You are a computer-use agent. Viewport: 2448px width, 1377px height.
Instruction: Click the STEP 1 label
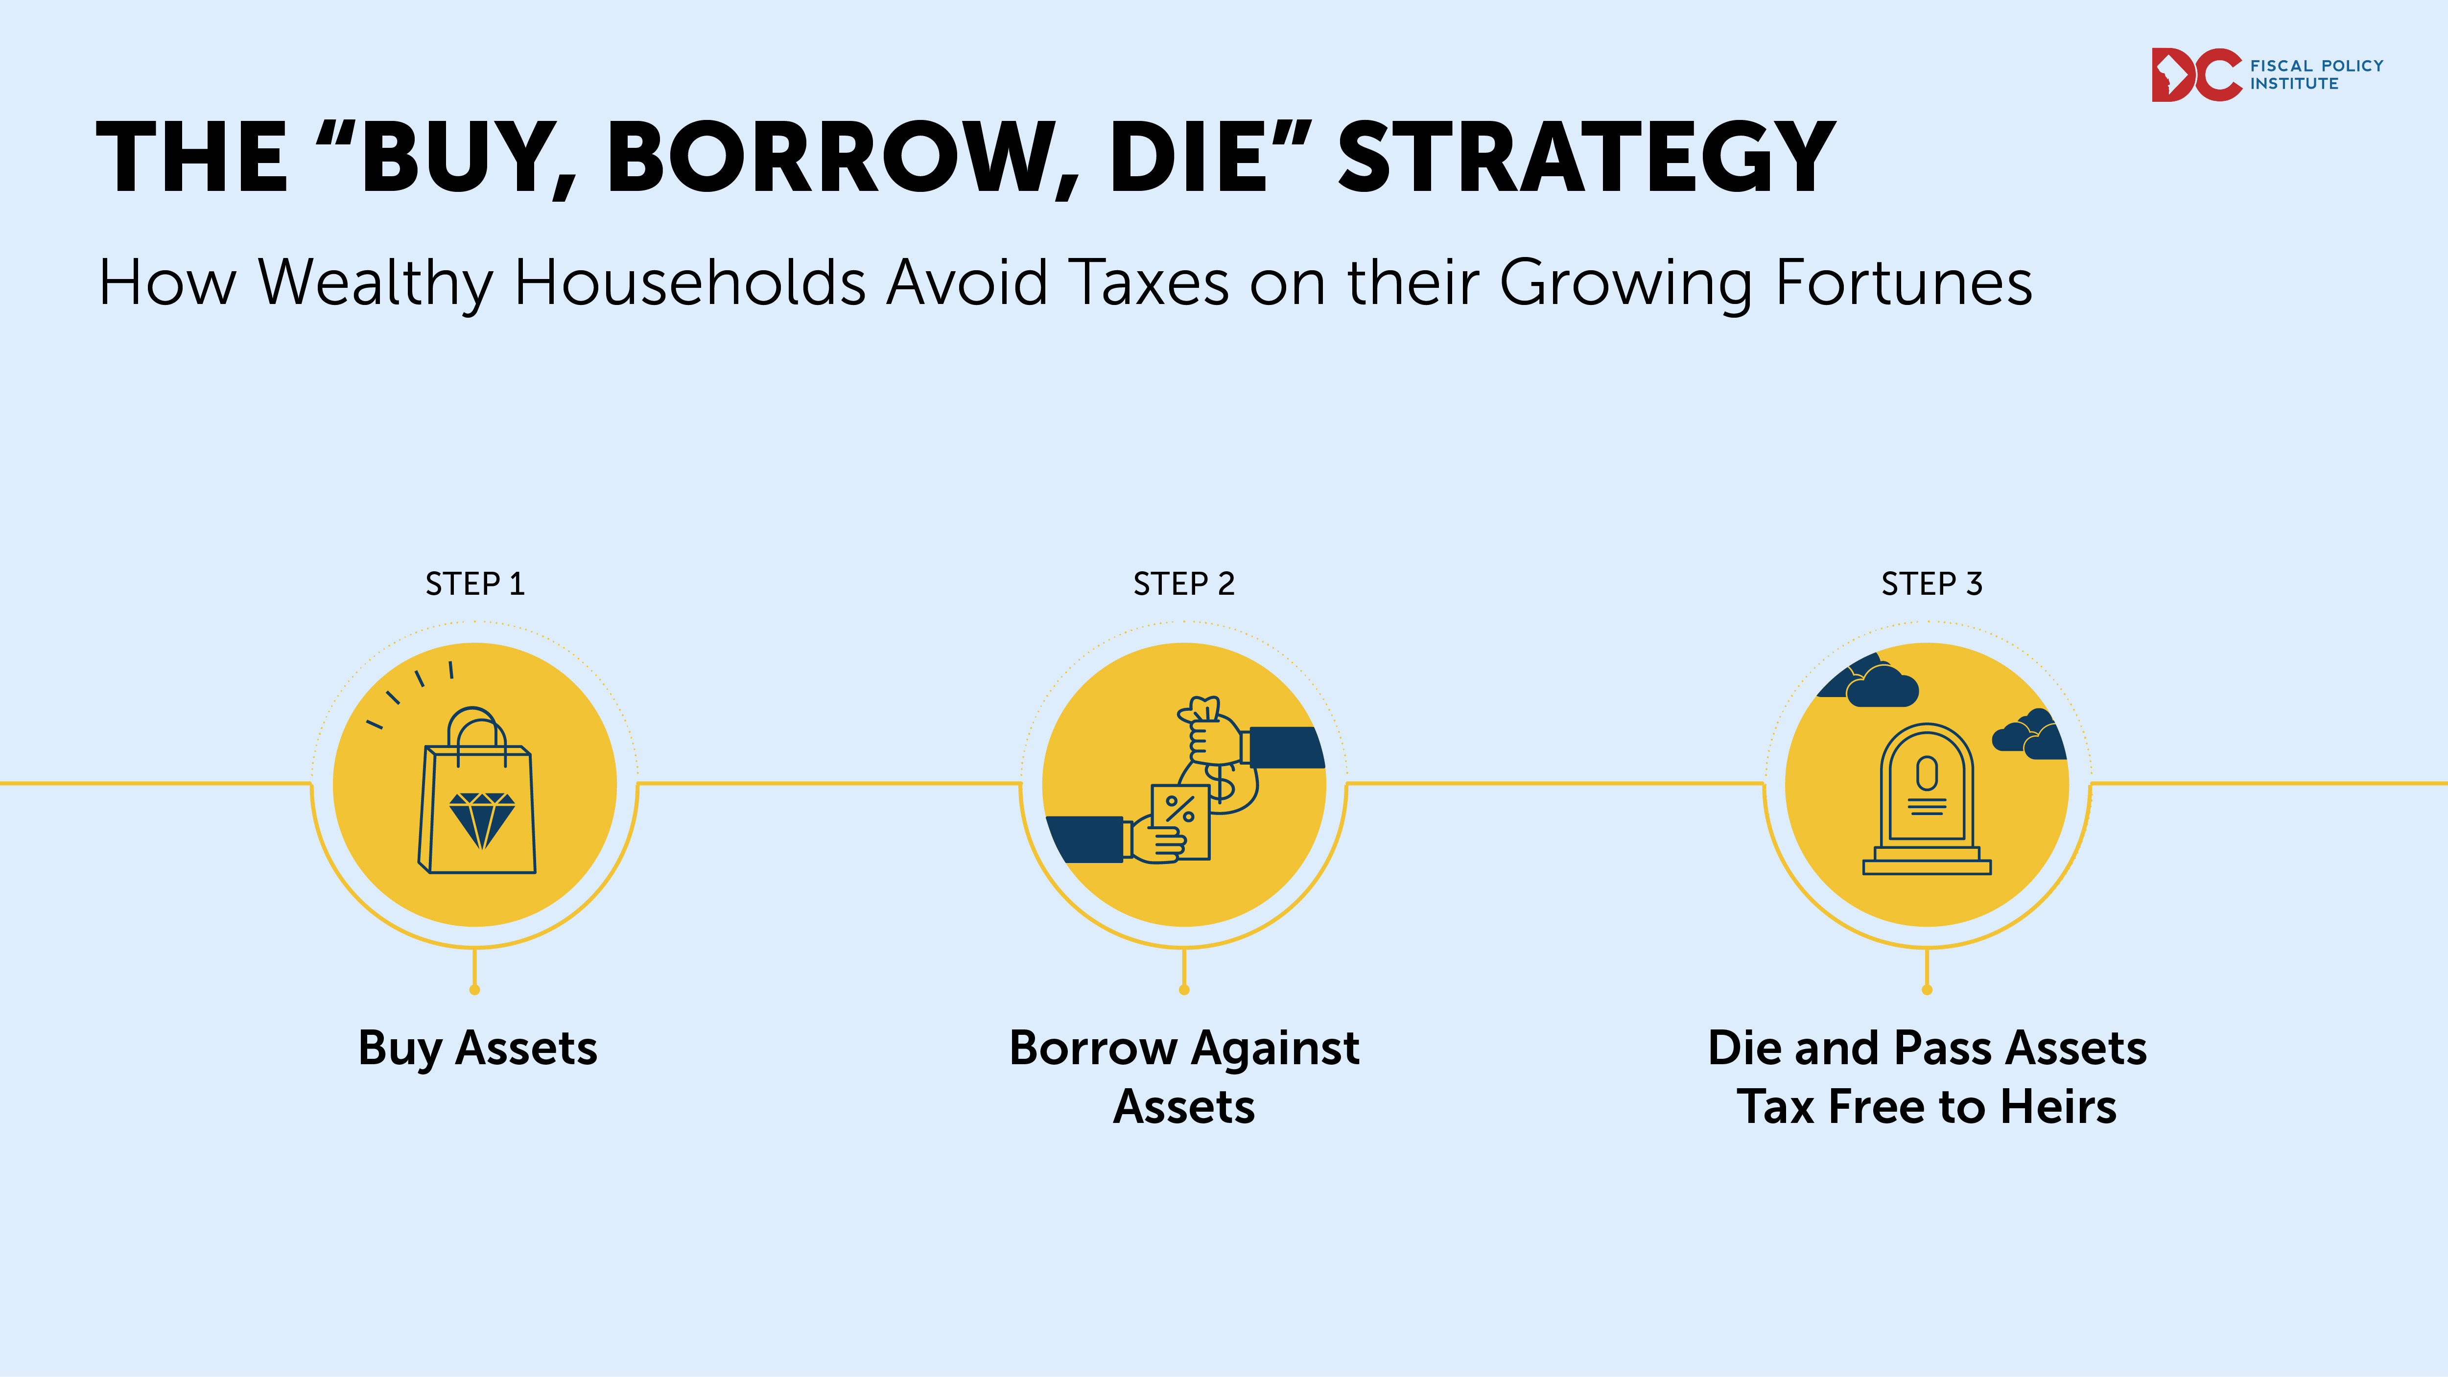pos(475,583)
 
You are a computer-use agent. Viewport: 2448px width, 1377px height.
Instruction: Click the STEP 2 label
pos(1184,583)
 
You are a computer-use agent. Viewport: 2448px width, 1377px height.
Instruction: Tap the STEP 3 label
pos(1932,583)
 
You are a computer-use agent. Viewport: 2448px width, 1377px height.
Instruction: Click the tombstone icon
pos(1927,798)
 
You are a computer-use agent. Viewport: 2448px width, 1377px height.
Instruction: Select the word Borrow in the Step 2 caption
pos(1094,1048)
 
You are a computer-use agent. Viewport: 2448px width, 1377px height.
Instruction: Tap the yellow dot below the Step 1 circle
pos(475,989)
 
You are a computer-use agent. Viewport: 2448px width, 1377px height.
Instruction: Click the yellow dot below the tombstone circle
pos(1927,989)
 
